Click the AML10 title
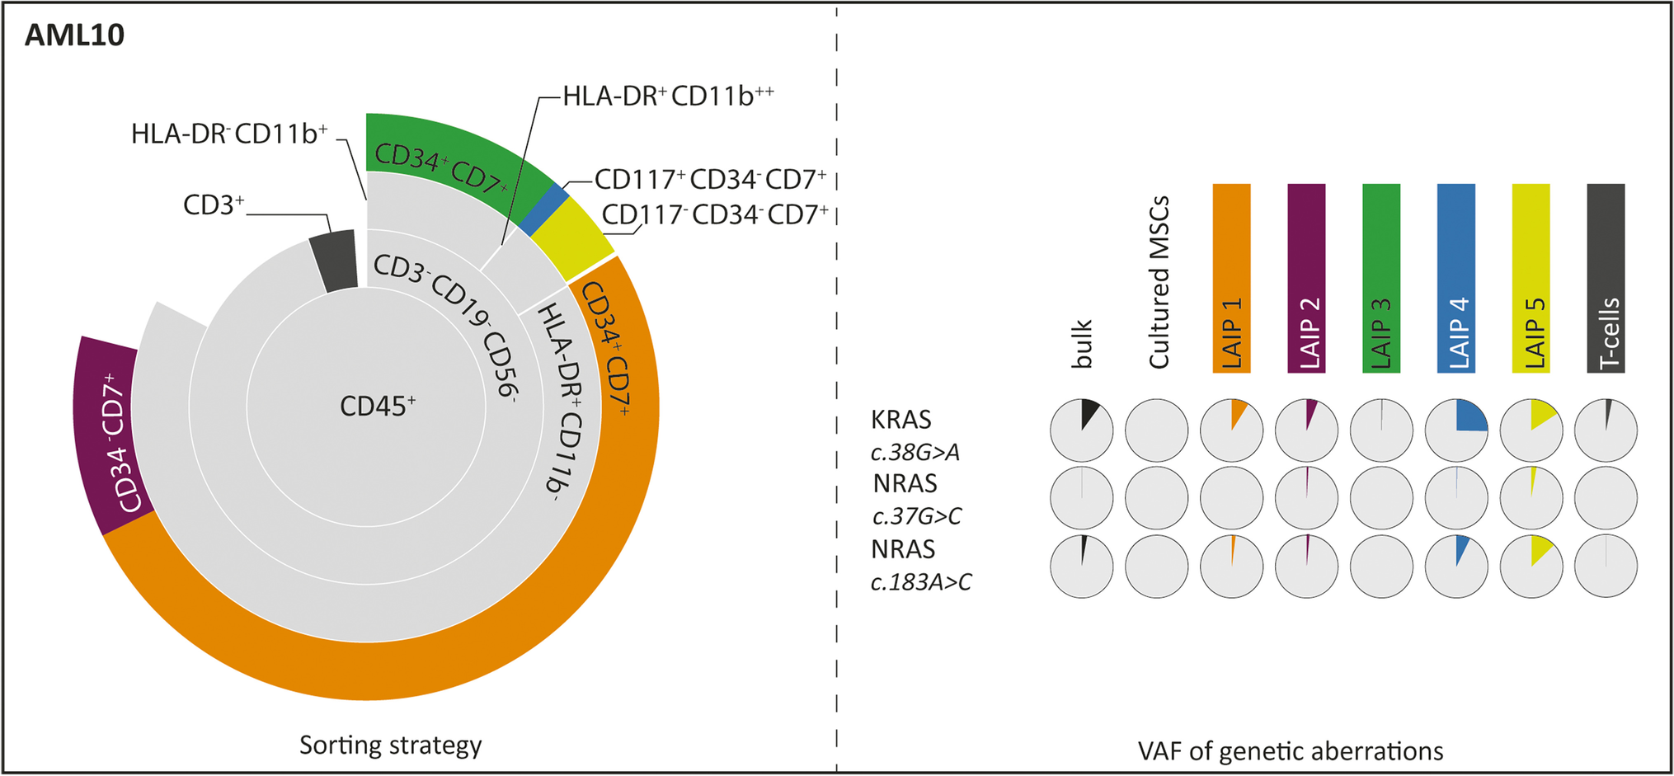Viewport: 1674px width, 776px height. tap(74, 35)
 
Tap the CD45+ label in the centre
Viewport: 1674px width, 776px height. tap(378, 406)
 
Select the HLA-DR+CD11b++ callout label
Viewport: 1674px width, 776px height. tap(668, 96)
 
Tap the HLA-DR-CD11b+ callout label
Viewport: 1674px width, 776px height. tap(229, 134)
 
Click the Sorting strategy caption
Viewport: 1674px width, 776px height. tap(390, 745)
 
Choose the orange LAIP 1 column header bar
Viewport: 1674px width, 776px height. tap(1231, 278)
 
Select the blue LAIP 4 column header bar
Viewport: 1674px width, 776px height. tap(1455, 278)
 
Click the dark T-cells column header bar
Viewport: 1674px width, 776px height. tap(1606, 278)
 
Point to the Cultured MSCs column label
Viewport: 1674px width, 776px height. tap(1159, 282)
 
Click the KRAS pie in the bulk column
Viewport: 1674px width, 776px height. tap(1081, 430)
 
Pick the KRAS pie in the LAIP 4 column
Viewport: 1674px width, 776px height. tap(1456, 430)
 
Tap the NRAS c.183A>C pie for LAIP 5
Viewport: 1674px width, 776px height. tap(1531, 566)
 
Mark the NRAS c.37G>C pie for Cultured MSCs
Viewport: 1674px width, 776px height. tap(1156, 498)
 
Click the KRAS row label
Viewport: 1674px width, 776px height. tap(901, 420)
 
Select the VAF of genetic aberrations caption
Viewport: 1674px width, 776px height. tap(1290, 751)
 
